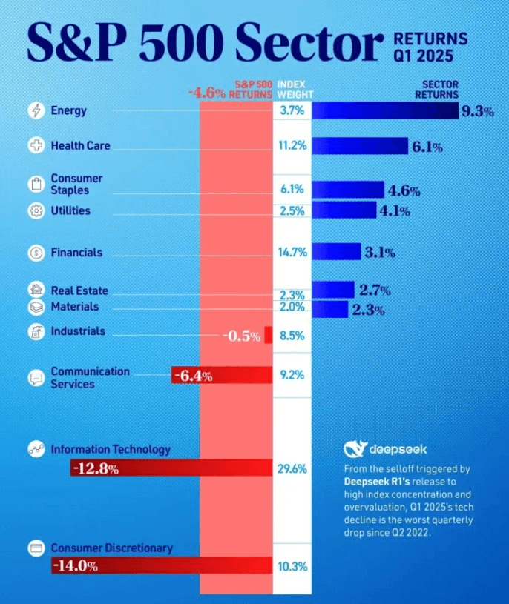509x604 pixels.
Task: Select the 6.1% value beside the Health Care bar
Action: [x=427, y=147]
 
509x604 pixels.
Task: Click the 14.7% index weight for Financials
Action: [x=293, y=253]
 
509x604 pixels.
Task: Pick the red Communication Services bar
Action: [x=222, y=376]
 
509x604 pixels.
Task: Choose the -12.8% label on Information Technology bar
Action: [x=95, y=468]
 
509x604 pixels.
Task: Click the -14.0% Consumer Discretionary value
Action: [x=75, y=566]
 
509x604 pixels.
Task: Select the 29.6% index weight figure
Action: [x=293, y=468]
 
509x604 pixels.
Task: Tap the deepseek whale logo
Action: [x=354, y=449]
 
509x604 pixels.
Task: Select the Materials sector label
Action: [x=74, y=306]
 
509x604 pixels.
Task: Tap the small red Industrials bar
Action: [x=269, y=334]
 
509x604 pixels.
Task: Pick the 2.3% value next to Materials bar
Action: [x=369, y=311]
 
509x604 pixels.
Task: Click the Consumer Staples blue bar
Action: [x=347, y=190]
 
